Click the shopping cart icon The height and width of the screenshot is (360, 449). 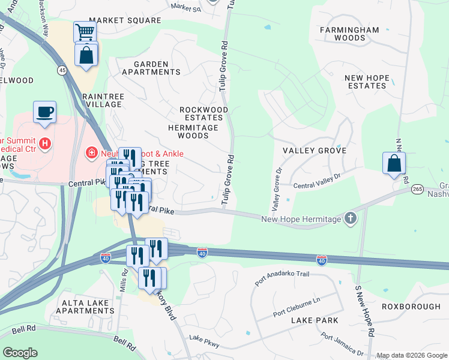click(x=85, y=32)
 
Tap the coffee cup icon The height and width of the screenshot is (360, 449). click(x=45, y=112)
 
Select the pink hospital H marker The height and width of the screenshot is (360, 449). click(x=44, y=143)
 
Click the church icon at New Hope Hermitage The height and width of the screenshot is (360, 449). click(x=350, y=218)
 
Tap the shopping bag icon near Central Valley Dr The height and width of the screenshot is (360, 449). click(x=394, y=163)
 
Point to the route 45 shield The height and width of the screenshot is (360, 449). click(x=62, y=70)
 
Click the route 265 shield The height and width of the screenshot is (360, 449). click(x=417, y=189)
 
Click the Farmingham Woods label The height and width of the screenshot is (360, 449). click(x=349, y=34)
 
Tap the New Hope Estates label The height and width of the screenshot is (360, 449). click(x=366, y=82)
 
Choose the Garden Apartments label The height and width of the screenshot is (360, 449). click(x=151, y=68)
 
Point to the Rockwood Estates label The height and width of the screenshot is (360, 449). click(x=204, y=114)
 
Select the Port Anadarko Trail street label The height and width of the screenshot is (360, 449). click(x=281, y=278)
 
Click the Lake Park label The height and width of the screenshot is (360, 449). click(x=310, y=320)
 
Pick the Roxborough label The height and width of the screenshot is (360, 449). click(x=411, y=307)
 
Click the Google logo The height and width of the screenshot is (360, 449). click(x=20, y=353)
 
